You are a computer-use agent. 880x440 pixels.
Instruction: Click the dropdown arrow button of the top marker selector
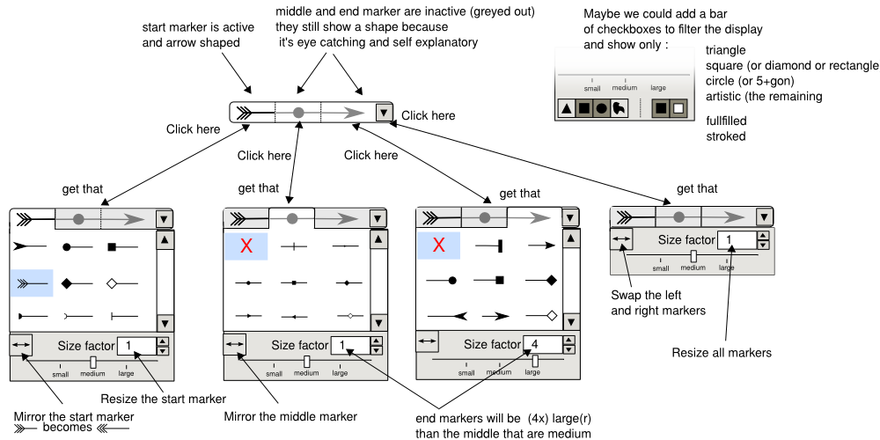point(383,113)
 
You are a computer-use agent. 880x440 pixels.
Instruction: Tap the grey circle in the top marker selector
point(298,113)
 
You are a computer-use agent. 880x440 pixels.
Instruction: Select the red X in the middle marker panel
point(246,247)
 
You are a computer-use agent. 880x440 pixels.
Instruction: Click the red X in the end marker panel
point(438,247)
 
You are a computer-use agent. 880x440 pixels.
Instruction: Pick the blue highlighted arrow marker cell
point(32,283)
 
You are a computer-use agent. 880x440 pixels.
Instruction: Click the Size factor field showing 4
point(540,344)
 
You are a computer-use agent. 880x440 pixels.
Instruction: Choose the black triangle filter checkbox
point(568,109)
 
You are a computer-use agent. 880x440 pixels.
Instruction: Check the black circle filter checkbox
point(601,109)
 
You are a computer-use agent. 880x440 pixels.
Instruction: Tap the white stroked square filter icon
point(678,109)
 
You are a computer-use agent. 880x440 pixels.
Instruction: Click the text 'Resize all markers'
point(722,353)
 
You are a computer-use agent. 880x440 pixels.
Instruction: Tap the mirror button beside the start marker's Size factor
point(21,344)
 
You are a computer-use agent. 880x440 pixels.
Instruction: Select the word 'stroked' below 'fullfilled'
point(726,136)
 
